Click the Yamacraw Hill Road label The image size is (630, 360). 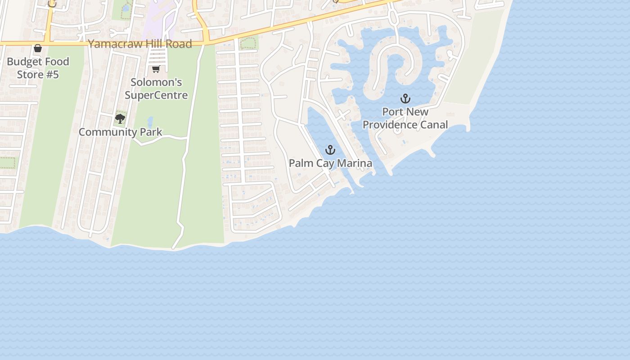point(140,44)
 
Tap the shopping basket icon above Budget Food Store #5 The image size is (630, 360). point(38,48)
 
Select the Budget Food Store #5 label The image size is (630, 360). point(38,68)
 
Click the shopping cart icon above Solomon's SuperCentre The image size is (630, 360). point(156,69)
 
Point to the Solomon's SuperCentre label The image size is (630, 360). point(156,89)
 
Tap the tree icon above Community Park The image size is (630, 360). point(120,119)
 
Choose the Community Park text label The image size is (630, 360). point(120,132)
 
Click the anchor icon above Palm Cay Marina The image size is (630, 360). point(330,150)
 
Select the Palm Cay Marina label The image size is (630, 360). point(330,163)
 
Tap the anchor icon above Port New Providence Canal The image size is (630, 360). point(405,99)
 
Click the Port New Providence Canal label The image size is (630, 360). point(405,118)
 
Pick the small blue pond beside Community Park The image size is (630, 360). point(150,121)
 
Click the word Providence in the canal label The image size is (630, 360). point(389,125)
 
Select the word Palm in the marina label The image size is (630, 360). point(301,163)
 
